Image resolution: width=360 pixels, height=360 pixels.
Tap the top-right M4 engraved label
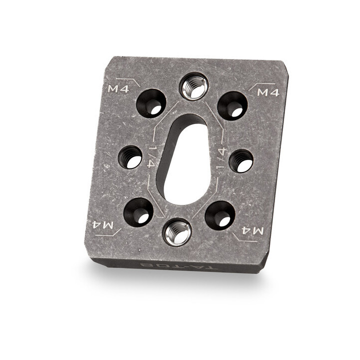(x=267, y=93)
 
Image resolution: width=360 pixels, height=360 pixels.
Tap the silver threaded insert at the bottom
(x=177, y=231)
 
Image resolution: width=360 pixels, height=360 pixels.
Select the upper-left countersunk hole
(x=151, y=103)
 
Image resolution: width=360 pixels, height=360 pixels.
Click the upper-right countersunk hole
(x=232, y=105)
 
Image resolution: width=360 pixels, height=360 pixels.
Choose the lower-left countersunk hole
(x=138, y=211)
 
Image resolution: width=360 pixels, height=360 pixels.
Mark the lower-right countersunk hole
(x=219, y=215)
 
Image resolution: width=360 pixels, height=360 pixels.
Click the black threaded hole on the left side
(x=130, y=157)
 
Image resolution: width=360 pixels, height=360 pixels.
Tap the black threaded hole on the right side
(x=241, y=160)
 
